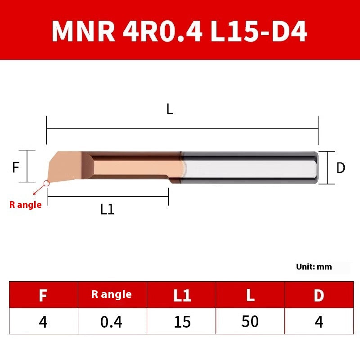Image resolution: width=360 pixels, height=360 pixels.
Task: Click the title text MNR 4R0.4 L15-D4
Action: [x=180, y=31]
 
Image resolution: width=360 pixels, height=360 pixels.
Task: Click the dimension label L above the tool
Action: [x=170, y=109]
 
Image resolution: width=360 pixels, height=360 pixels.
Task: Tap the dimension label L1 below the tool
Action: [x=107, y=209]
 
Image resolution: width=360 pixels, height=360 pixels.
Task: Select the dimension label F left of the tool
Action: [x=16, y=167]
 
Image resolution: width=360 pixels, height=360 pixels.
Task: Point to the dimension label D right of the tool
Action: [x=341, y=168]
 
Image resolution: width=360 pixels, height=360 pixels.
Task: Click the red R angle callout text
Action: [x=25, y=205]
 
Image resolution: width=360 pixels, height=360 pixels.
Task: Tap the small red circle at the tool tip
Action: [x=46, y=183]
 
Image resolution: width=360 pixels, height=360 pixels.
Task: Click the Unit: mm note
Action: [x=314, y=266]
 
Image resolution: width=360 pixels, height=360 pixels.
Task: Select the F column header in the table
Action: [x=43, y=295]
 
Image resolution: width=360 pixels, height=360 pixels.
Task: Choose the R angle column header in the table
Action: [x=111, y=295]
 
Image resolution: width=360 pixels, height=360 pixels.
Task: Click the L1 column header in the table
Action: [x=182, y=295]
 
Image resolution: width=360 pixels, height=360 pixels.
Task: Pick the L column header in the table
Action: [x=250, y=295]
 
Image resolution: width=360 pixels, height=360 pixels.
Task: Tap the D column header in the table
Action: [x=319, y=295]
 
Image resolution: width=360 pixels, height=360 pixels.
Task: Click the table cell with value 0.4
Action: [x=111, y=322]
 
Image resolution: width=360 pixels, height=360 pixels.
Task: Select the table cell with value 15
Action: [x=182, y=322]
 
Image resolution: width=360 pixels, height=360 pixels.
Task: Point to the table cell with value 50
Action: [x=250, y=322]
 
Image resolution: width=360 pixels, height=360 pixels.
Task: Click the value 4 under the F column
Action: [x=43, y=322]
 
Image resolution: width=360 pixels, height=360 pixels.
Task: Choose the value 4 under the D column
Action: [x=319, y=322]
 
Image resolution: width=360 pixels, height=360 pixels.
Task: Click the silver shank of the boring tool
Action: [x=250, y=168]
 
